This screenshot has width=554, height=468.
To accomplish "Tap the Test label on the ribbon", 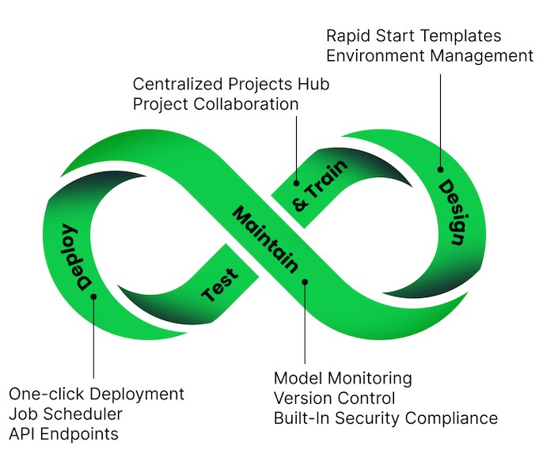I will click(220, 287).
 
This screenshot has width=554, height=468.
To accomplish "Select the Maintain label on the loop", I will click(266, 238).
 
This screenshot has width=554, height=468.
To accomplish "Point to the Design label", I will click(451, 212).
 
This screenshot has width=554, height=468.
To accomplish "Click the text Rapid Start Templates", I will click(414, 36).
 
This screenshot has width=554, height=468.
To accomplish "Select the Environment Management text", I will click(430, 55).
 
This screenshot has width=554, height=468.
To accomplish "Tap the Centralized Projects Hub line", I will click(231, 84).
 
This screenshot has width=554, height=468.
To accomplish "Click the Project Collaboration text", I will click(215, 104).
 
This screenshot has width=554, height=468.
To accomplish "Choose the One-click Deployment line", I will click(97, 394).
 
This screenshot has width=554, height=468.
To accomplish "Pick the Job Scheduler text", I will click(67, 413).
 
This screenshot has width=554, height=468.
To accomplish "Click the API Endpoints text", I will click(63, 433).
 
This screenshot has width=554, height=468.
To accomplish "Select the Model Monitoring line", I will click(343, 378).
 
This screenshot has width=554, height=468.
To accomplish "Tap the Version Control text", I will click(334, 398).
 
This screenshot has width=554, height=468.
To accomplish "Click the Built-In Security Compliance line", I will click(385, 417).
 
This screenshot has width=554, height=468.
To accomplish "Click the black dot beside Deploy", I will click(93, 297).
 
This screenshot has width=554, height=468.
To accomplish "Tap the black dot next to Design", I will click(441, 168).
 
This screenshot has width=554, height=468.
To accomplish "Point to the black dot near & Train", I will click(298, 179).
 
